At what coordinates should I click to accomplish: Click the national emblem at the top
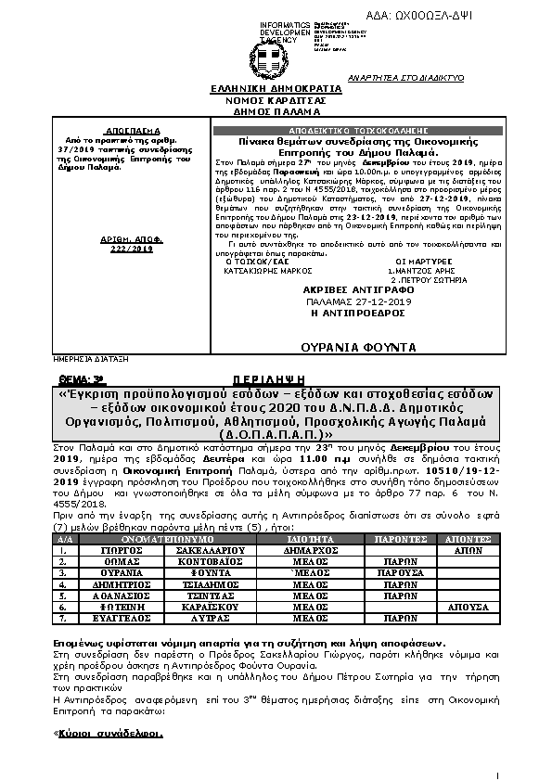277,57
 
